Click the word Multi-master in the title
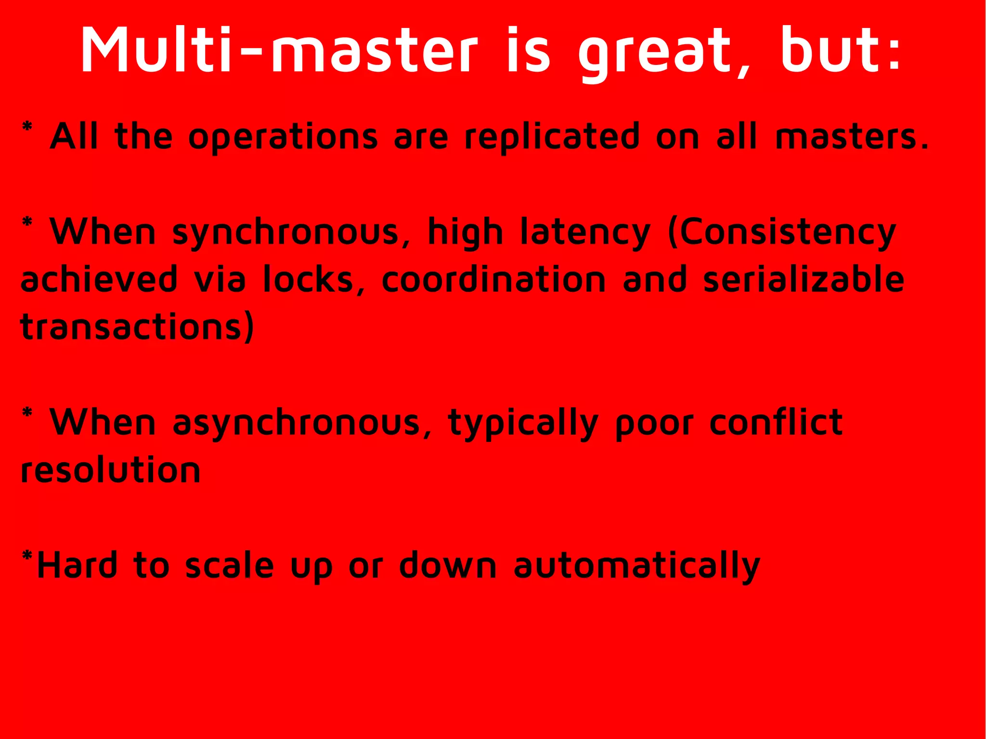[x=279, y=51]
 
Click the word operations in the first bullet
[x=283, y=137]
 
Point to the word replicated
[x=552, y=137]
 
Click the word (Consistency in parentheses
[x=782, y=233]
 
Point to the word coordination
[x=493, y=280]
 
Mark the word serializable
[x=804, y=280]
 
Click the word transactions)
[x=137, y=327]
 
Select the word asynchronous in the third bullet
[x=296, y=423]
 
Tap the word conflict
[x=776, y=422]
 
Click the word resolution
[x=111, y=470]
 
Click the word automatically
[x=636, y=566]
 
